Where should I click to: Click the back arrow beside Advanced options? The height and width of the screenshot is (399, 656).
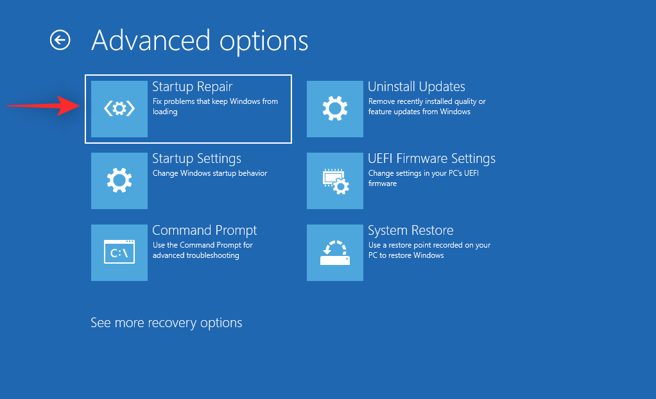click(60, 40)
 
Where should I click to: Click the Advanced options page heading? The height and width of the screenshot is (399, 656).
click(200, 40)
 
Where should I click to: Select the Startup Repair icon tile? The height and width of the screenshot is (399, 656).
click(119, 109)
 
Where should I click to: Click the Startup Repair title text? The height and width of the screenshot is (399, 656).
click(192, 87)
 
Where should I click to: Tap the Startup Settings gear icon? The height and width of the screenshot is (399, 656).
click(119, 181)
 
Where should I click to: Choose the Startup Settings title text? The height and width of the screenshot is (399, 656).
click(196, 158)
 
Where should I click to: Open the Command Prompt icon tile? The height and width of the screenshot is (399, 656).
click(119, 253)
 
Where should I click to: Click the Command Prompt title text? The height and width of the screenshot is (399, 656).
click(204, 230)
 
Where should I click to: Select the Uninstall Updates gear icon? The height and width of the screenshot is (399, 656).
click(335, 109)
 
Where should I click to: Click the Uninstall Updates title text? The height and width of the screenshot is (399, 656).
click(416, 87)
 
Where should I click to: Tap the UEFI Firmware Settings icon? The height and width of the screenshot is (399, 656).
click(335, 181)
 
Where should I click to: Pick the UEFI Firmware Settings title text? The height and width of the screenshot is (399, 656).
click(431, 158)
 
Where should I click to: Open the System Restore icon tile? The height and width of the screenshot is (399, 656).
click(335, 253)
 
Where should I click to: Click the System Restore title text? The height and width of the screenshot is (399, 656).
click(410, 230)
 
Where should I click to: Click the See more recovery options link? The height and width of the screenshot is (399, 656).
click(166, 323)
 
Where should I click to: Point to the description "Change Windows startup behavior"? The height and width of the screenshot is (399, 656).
click(209, 173)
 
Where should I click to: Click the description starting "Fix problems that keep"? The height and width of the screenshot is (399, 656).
click(214, 106)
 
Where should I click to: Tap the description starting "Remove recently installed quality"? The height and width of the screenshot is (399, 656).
click(426, 106)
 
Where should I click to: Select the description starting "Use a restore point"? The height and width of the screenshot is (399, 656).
click(429, 250)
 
